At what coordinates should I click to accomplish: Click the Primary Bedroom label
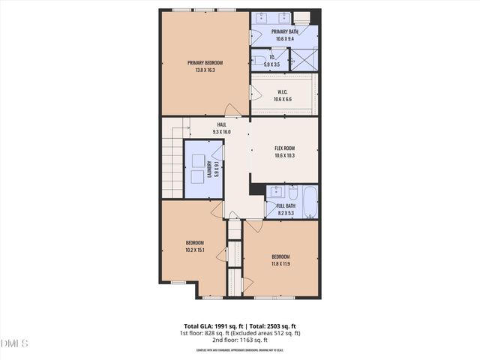(x=205, y=63)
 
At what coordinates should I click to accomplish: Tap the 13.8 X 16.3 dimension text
(x=205, y=70)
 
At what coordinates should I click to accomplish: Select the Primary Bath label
(x=284, y=31)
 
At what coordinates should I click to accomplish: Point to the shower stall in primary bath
(x=304, y=59)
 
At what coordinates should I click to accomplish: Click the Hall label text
(x=221, y=124)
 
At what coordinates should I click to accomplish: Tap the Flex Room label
(x=284, y=148)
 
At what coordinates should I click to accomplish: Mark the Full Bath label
(x=286, y=206)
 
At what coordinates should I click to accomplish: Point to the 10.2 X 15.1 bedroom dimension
(x=195, y=250)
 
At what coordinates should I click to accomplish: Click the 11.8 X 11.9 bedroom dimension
(x=280, y=264)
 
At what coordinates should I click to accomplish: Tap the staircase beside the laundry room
(x=172, y=169)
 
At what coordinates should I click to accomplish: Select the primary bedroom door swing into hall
(x=234, y=109)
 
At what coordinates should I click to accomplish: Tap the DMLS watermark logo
(x=14, y=344)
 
